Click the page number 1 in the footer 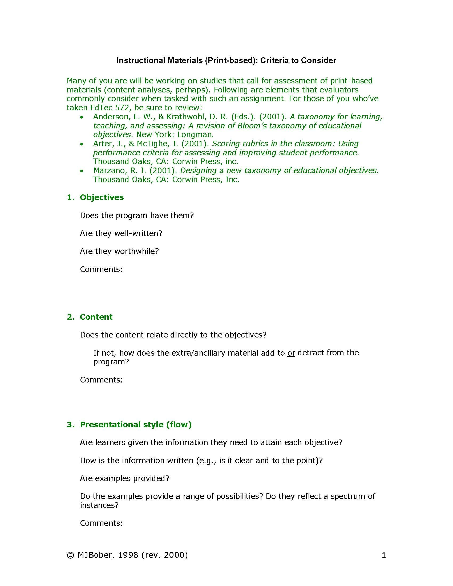pyautogui.click(x=383, y=555)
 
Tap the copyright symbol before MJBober pyautogui.click(x=70, y=555)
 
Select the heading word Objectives pyautogui.click(x=102, y=197)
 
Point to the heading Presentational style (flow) pyautogui.click(x=136, y=424)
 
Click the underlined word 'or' pyautogui.click(x=291, y=353)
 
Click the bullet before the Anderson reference pyautogui.click(x=82, y=117)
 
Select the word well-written pyautogui.click(x=138, y=233)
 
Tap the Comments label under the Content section pyautogui.click(x=101, y=380)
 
